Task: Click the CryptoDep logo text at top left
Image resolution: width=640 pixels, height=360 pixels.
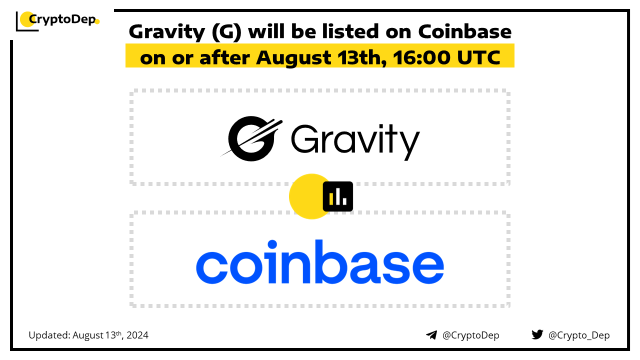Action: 62,19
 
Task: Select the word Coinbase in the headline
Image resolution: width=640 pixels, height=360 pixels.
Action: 465,31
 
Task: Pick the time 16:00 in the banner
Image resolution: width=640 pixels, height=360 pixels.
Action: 421,57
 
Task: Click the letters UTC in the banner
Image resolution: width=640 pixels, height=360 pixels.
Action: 479,57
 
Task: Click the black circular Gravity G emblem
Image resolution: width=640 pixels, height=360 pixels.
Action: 251,138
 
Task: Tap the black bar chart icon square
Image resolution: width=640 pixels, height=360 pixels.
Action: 337,196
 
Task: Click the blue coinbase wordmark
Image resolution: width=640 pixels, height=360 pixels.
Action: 320,261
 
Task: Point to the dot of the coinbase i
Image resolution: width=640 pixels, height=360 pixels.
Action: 272,244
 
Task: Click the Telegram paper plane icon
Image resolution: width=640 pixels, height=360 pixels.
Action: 431,335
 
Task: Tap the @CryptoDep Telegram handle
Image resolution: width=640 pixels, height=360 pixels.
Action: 470,335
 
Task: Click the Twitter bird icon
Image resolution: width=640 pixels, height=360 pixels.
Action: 537,334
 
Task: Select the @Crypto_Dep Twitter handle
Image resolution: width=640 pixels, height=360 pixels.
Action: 579,335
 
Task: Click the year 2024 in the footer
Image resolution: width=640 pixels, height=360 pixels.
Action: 137,335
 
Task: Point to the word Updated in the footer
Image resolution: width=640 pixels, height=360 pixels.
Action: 49,335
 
